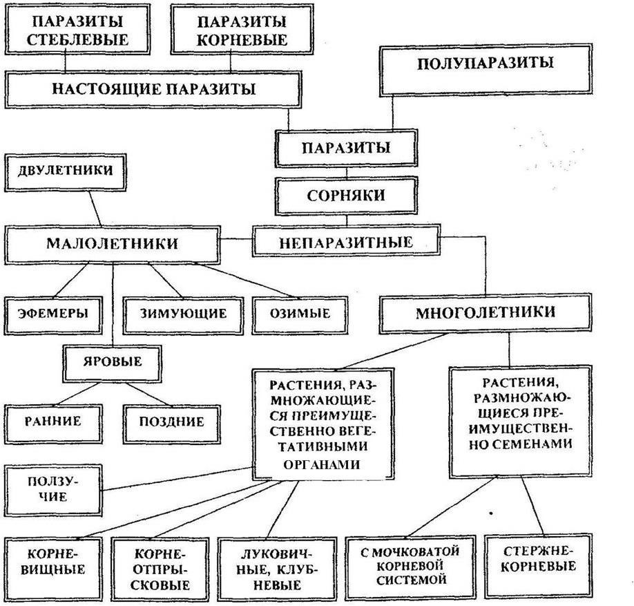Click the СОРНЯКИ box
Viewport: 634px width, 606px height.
(346, 195)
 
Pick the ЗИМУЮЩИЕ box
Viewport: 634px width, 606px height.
(183, 313)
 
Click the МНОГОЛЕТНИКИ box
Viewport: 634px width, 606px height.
(485, 312)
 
